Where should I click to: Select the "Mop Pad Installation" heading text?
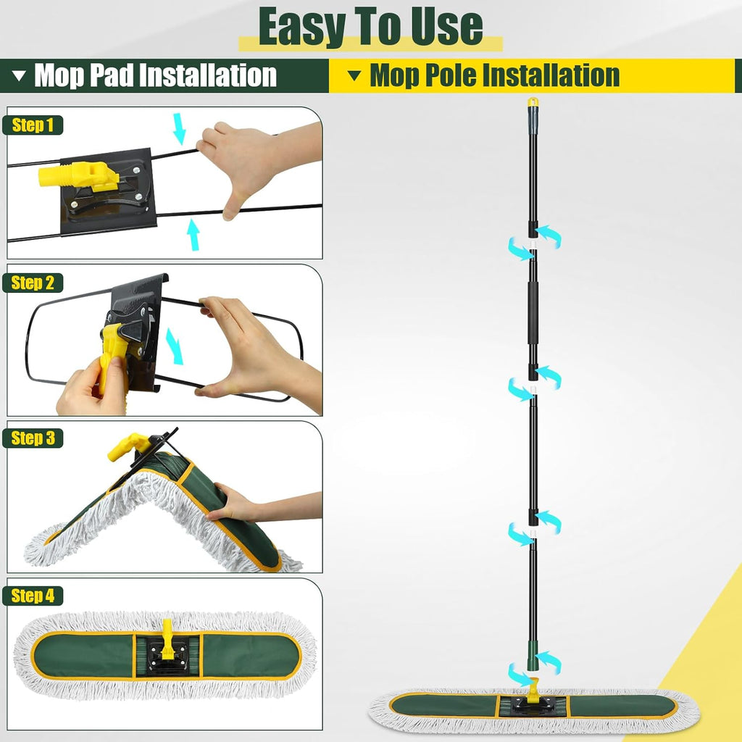pos(155,75)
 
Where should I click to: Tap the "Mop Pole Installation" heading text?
pos(494,75)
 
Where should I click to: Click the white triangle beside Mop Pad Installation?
pos(20,75)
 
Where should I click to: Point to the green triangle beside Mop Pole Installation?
pos(354,75)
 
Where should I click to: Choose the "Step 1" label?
pos(33,125)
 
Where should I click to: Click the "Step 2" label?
pos(33,283)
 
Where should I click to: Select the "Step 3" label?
pos(33,438)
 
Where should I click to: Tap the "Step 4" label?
pos(33,596)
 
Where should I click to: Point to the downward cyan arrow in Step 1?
pos(179,129)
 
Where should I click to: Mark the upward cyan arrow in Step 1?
pos(193,235)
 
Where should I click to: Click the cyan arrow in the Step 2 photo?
pos(175,346)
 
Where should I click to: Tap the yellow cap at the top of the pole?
pos(533,102)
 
